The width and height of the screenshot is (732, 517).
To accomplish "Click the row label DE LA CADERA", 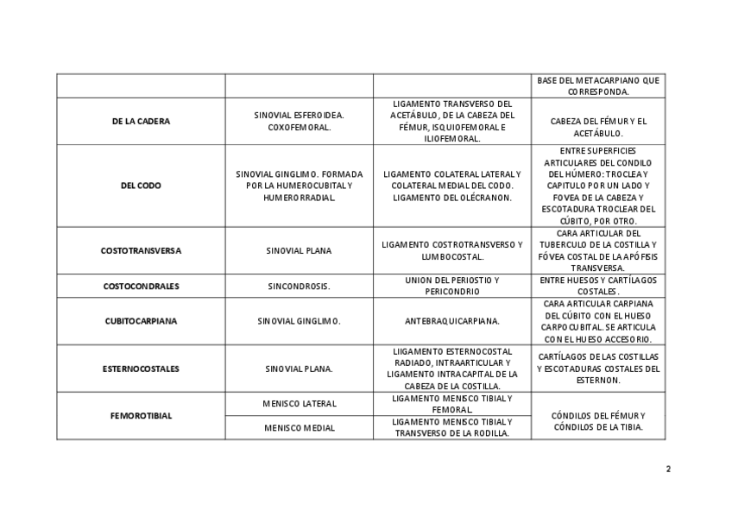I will click(x=141, y=121).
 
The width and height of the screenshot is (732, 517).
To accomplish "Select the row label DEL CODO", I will click(x=141, y=186).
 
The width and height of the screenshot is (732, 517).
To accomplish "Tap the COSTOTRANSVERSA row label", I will click(x=141, y=251).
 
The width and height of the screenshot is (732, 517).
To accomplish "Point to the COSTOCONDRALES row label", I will click(x=141, y=286).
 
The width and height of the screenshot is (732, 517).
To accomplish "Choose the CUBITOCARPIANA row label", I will click(x=141, y=321).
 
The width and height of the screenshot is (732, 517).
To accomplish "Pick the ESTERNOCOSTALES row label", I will click(x=141, y=369).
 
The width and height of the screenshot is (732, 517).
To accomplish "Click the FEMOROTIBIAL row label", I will click(x=141, y=416).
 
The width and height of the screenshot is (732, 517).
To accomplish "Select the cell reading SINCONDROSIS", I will click(x=299, y=286).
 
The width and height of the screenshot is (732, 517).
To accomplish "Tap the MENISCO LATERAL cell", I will click(x=299, y=404).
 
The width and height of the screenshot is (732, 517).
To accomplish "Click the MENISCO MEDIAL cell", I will click(x=299, y=428).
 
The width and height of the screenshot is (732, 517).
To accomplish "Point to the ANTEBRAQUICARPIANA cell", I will click(x=451, y=321).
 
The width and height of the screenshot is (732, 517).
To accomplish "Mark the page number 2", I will click(x=668, y=470).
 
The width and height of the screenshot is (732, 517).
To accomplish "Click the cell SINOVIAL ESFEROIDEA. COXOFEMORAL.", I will click(x=299, y=121).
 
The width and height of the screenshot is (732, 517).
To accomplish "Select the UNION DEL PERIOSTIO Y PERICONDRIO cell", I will click(x=451, y=286).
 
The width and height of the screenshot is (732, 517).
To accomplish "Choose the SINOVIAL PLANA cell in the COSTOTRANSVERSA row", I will click(x=299, y=251).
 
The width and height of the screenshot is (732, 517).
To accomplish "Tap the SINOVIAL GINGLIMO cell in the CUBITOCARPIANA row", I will click(x=299, y=321).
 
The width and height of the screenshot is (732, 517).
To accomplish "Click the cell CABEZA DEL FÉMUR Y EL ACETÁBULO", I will click(x=598, y=127).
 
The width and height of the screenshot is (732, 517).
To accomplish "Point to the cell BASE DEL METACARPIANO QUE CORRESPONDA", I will click(x=598, y=85).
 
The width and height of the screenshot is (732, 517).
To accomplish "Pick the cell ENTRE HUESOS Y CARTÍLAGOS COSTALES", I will click(x=598, y=286).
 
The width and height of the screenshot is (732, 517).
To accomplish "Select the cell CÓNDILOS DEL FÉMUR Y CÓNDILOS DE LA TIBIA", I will click(x=598, y=421).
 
